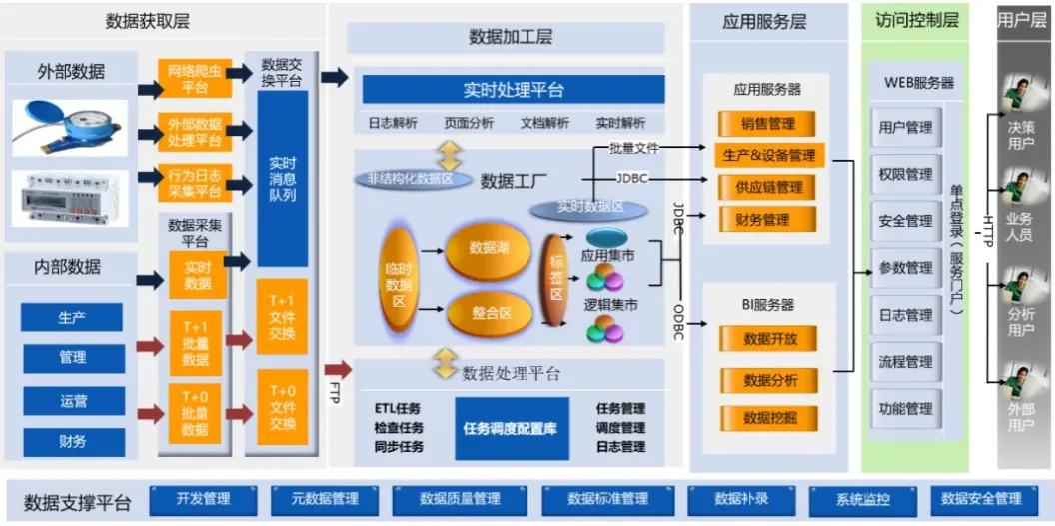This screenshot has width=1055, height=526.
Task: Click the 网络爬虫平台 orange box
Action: tap(195, 79)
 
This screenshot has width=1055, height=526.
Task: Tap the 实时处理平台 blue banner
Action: tap(514, 90)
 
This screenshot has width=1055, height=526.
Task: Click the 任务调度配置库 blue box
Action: tap(512, 427)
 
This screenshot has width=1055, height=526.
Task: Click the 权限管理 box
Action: tap(905, 174)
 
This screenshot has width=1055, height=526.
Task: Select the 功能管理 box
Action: tap(905, 408)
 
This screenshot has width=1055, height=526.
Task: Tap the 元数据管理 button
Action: tap(325, 498)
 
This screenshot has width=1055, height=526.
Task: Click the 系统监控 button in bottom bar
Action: tap(862, 498)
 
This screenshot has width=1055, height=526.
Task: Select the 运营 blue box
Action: tap(73, 401)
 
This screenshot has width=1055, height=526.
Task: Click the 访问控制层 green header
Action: tap(916, 21)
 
